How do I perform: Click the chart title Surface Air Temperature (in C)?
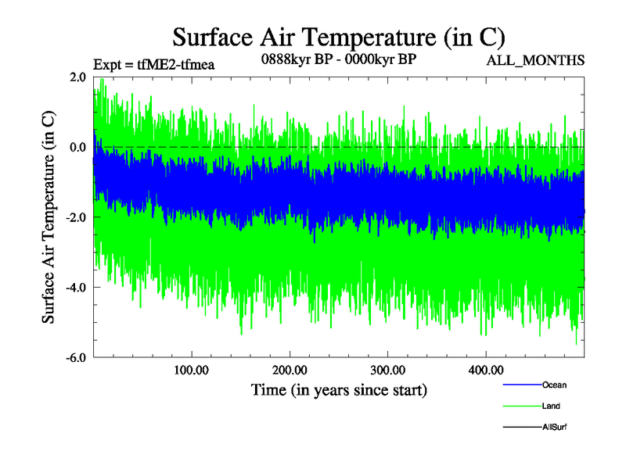(x=338, y=37)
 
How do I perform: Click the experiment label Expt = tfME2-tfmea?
(x=153, y=64)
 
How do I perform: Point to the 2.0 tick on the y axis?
(x=77, y=77)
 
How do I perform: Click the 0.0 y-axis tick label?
(x=77, y=147)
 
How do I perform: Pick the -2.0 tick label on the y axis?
(x=76, y=217)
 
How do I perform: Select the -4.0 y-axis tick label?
(x=76, y=288)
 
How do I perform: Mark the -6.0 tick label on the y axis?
(x=76, y=358)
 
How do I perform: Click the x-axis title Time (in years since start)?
(x=339, y=389)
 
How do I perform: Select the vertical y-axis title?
(x=49, y=217)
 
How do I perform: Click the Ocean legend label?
(x=554, y=385)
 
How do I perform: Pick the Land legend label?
(x=551, y=406)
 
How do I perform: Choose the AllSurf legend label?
(x=554, y=427)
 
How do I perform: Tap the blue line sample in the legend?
(x=521, y=385)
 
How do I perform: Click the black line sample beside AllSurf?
(x=521, y=427)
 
